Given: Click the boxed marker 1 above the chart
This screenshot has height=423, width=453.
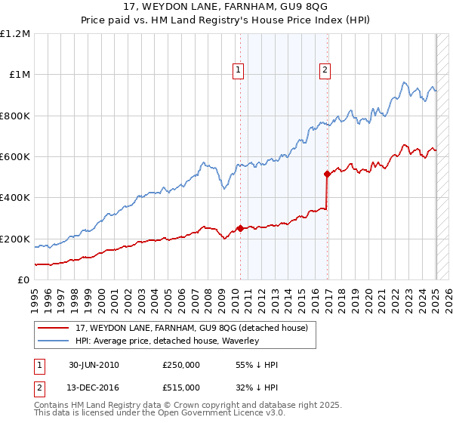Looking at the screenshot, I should [238, 70].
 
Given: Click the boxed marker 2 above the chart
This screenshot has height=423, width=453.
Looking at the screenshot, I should [325, 70].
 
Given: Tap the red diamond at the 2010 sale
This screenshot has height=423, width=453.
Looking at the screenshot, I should [240, 228].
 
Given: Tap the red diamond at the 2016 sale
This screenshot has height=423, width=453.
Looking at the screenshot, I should [327, 174].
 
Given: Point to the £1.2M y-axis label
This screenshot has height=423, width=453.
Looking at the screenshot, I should [16, 34].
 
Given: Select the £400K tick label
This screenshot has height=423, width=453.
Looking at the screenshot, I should [14, 198].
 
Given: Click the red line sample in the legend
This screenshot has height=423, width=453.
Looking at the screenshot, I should [54, 329].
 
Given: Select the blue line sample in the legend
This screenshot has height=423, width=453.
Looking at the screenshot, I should [54, 341].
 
